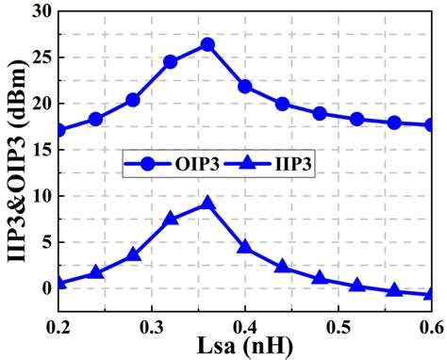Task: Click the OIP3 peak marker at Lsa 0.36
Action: click(x=207, y=44)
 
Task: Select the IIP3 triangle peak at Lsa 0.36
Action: click(x=207, y=204)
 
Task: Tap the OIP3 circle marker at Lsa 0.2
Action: click(x=58, y=130)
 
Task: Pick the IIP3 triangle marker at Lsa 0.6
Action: click(x=431, y=294)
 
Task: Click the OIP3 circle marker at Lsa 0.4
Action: click(x=245, y=87)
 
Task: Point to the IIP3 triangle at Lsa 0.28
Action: click(x=133, y=254)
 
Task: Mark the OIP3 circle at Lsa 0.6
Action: click(x=431, y=124)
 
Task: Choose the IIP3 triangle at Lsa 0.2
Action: click(x=58, y=282)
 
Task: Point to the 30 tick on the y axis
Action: click(x=40, y=11)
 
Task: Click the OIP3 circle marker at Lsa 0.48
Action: click(x=320, y=114)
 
